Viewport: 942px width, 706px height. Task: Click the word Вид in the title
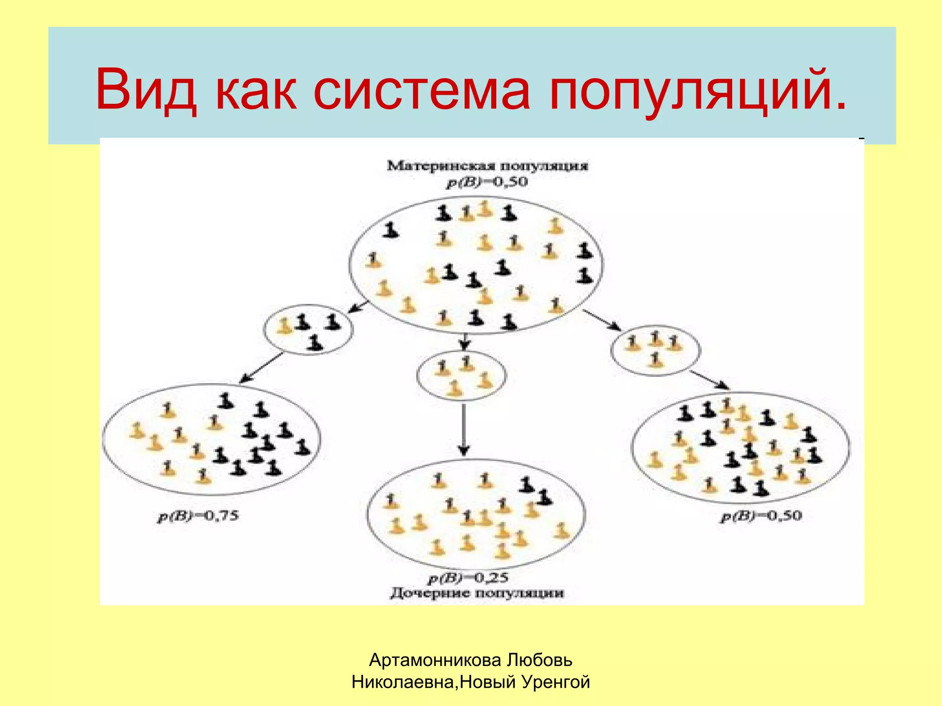[x=146, y=90]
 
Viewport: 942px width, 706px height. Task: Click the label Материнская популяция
[x=488, y=166]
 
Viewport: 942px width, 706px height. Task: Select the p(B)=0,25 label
[x=468, y=578]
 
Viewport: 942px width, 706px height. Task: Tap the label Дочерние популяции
[x=477, y=593]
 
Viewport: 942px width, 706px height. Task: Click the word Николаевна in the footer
[x=403, y=682]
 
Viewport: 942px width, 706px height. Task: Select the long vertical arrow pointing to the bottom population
[x=464, y=429]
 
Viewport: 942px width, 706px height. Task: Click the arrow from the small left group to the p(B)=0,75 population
[x=262, y=368]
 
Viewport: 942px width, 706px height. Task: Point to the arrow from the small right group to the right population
[x=710, y=380]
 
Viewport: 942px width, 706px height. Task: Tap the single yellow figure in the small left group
[x=285, y=326]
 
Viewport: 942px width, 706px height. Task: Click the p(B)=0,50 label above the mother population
[x=487, y=182]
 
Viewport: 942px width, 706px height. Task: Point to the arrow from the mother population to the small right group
[x=602, y=320]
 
